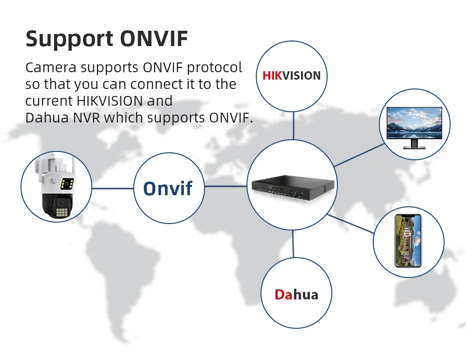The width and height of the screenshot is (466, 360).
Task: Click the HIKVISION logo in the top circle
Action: tap(292, 75)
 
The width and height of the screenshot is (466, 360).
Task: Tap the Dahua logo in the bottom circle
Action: tap(296, 294)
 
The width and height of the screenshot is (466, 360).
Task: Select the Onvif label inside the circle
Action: tap(168, 188)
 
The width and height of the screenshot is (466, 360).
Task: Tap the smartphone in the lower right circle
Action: tap(408, 240)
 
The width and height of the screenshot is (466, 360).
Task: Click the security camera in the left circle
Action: tap(56, 186)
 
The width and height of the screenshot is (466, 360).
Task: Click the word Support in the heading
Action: tap(69, 39)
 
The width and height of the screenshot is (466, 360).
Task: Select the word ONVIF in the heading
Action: tap(154, 39)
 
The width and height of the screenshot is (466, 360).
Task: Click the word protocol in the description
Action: tap(215, 68)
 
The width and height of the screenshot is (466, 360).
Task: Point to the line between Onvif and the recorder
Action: tap(226, 186)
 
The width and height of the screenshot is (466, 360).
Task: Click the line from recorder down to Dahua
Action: tap(293, 244)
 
